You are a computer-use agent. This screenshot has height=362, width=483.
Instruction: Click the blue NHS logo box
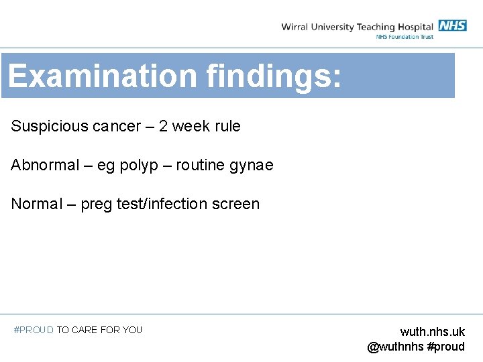point(452,26)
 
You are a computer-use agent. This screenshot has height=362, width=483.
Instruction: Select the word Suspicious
point(48,126)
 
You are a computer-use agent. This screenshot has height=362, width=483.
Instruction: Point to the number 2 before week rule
point(163,126)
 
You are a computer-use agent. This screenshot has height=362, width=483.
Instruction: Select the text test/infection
point(166,204)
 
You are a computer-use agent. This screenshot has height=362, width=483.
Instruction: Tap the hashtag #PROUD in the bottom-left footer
point(34,330)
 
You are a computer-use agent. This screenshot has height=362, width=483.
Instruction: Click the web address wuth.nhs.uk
point(432,332)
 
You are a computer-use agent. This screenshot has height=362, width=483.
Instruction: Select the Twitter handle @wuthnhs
point(395,347)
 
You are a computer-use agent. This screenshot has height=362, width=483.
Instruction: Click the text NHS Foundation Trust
point(405,37)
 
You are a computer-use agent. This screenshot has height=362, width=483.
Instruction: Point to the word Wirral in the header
point(294,27)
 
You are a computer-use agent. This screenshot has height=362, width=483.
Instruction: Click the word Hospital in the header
point(415,27)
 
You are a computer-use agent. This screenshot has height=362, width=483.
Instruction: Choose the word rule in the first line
point(227,126)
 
